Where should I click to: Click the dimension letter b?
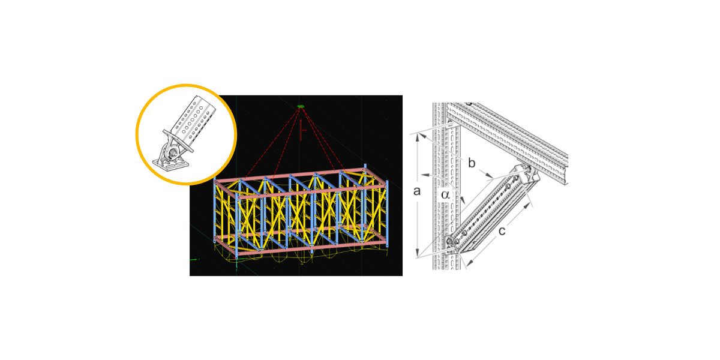point(472,163)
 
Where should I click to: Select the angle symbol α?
point(445,194)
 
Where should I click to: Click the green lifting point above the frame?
point(301,107)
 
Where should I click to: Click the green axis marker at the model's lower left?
point(194,260)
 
